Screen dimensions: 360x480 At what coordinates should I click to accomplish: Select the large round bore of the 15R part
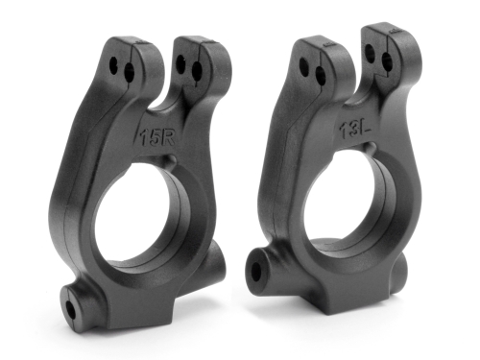pyautogui.click(x=149, y=216)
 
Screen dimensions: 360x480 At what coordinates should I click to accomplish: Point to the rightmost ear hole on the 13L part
pyautogui.click(x=391, y=61)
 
